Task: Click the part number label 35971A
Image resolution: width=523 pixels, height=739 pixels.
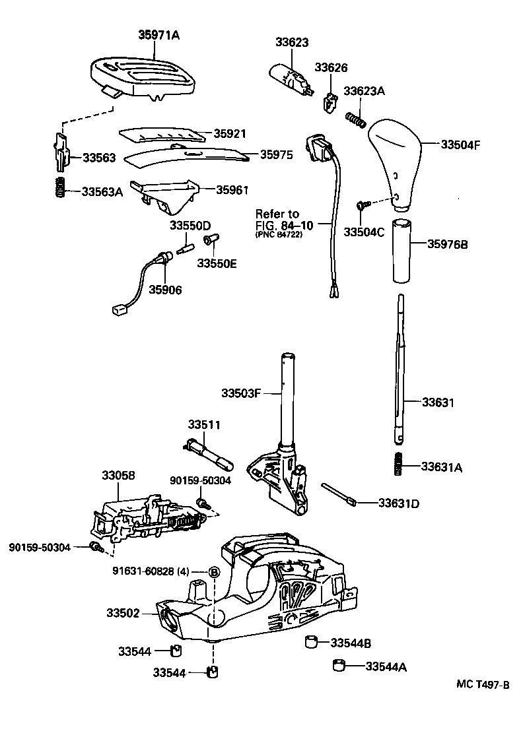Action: tap(158, 34)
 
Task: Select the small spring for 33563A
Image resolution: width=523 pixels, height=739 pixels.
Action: tap(60, 188)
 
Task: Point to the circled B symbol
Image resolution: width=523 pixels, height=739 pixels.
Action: tap(215, 572)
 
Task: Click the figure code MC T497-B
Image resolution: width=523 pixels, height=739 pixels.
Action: tap(483, 685)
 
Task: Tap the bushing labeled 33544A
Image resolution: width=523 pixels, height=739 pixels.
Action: tap(340, 664)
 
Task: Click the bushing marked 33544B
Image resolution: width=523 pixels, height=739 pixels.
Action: tap(312, 641)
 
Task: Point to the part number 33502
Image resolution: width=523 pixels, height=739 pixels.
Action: tap(123, 613)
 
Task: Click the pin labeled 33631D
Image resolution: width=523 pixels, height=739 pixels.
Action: tap(338, 495)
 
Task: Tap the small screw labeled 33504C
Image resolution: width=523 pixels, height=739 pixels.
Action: tap(361, 207)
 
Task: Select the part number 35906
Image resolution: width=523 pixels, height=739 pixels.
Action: tap(165, 289)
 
